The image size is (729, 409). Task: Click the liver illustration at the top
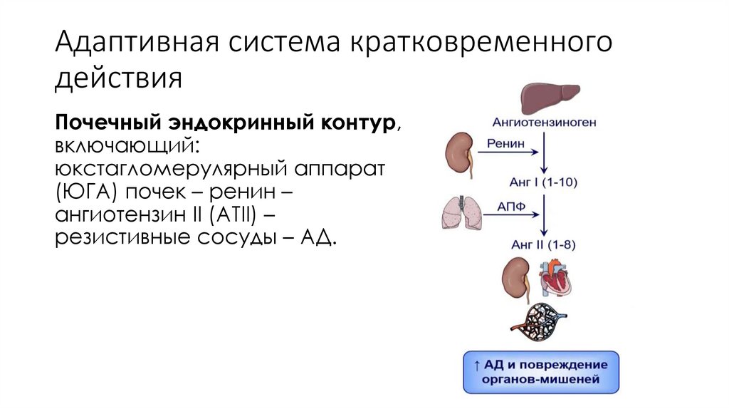550,98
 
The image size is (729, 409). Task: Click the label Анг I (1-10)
545,182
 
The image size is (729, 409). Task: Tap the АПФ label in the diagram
506,206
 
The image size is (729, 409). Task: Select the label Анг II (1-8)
544,244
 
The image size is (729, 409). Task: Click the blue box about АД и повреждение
541,372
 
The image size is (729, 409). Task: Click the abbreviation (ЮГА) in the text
90,192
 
